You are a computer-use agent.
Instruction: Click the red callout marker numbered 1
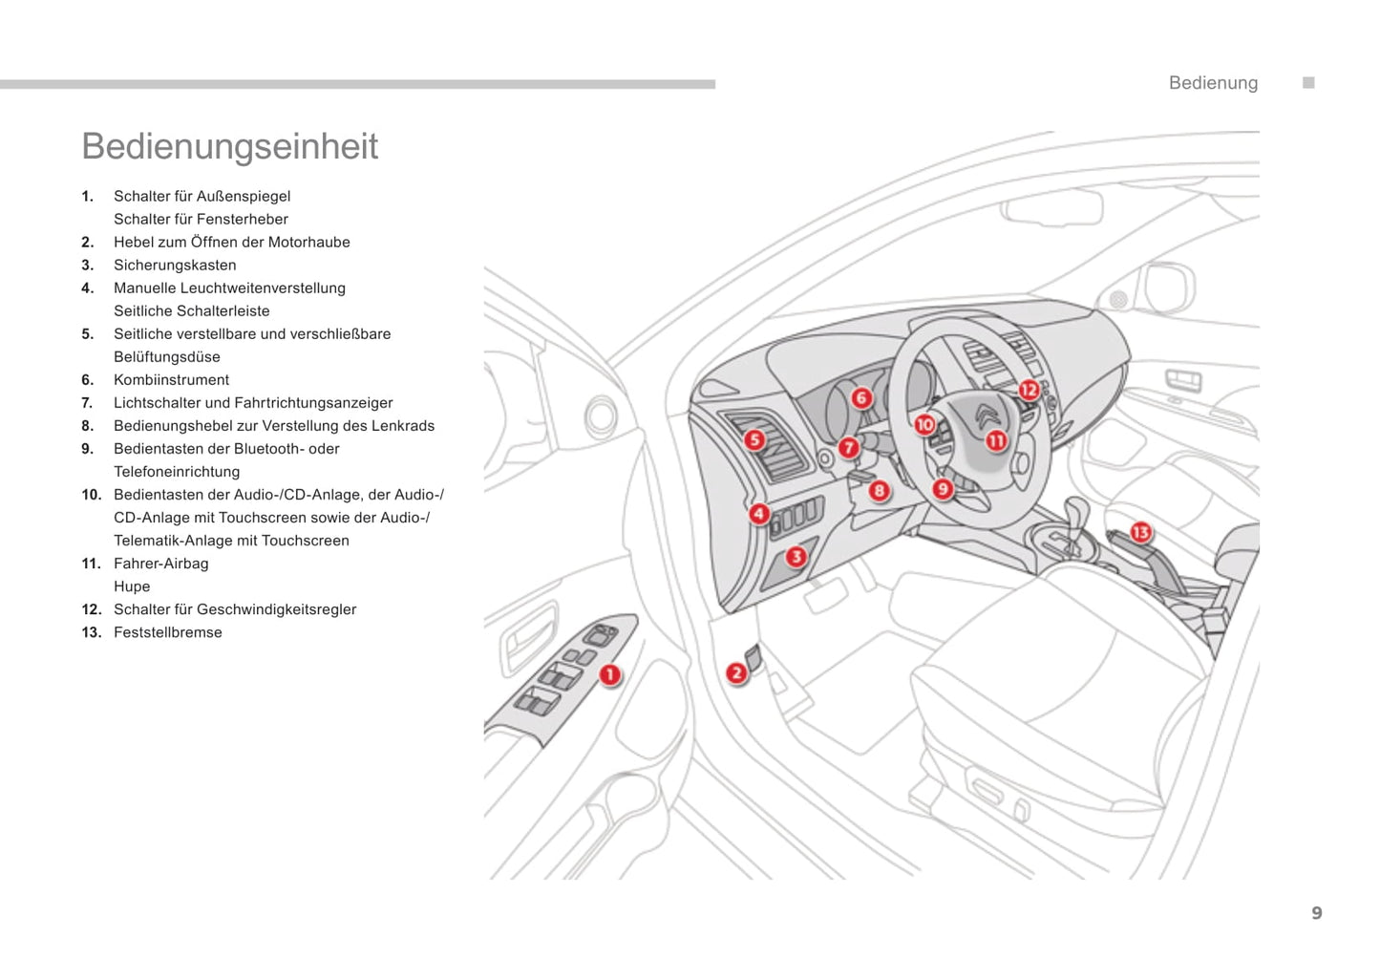pyautogui.click(x=609, y=675)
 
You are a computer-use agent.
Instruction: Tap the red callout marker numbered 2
pyautogui.click(x=735, y=673)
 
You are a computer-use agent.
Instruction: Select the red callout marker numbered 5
pyautogui.click(x=754, y=439)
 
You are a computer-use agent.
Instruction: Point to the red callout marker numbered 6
pyautogui.click(x=861, y=397)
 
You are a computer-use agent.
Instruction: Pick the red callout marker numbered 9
pyautogui.click(x=943, y=489)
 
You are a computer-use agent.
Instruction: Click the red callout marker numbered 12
pyautogui.click(x=1029, y=390)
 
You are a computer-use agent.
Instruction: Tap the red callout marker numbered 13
pyautogui.click(x=1140, y=532)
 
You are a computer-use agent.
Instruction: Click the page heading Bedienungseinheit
pyautogui.click(x=229, y=146)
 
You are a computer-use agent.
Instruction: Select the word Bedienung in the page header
pyautogui.click(x=1213, y=83)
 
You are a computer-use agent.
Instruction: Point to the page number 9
pyautogui.click(x=1317, y=913)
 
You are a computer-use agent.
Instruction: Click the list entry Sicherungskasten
pyautogui.click(x=175, y=266)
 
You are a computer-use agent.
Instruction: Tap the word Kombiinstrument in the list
pyautogui.click(x=171, y=380)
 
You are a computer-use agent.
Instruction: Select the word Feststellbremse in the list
pyautogui.click(x=167, y=632)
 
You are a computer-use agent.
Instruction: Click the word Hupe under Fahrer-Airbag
pyautogui.click(x=132, y=586)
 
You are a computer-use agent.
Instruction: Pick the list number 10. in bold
pyautogui.click(x=91, y=495)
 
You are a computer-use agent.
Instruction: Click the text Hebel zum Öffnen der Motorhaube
pyautogui.click(x=231, y=243)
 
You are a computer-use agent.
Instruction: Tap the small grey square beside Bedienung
pyautogui.click(x=1308, y=83)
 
